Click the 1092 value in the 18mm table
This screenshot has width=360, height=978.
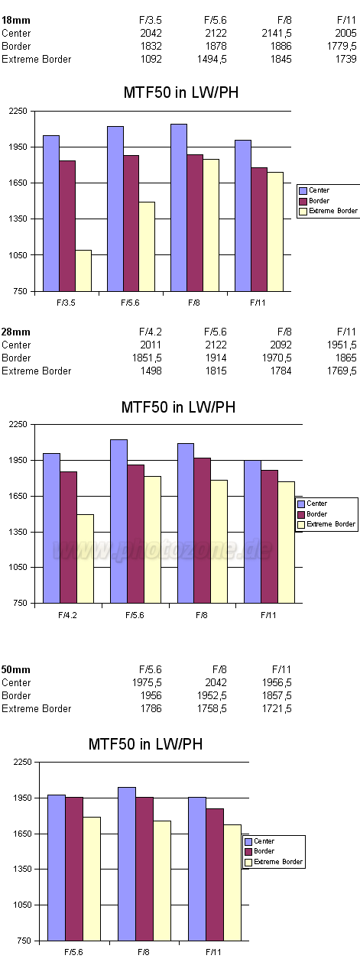click(x=151, y=59)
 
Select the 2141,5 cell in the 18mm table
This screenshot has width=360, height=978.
click(x=277, y=33)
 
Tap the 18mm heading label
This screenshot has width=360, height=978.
click(x=16, y=20)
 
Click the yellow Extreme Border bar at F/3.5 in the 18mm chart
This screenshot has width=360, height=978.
click(x=83, y=270)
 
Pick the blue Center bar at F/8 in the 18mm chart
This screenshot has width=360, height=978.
click(x=179, y=208)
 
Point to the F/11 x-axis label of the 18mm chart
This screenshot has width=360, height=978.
click(x=258, y=303)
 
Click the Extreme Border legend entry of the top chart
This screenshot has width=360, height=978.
click(x=328, y=212)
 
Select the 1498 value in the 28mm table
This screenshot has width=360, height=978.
click(x=151, y=371)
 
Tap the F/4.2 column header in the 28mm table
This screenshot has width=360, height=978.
click(x=151, y=332)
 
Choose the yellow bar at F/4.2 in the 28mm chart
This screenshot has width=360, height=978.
click(x=85, y=559)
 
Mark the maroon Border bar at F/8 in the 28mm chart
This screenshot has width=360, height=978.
click(x=203, y=530)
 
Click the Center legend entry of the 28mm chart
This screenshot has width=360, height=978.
click(x=312, y=504)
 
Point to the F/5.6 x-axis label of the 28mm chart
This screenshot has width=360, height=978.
click(x=135, y=615)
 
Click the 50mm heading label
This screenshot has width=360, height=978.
click(x=16, y=670)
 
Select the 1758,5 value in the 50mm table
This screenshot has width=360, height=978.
click(x=212, y=708)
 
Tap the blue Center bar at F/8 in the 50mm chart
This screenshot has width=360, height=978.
click(x=127, y=864)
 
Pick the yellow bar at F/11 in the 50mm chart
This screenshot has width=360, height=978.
click(x=232, y=882)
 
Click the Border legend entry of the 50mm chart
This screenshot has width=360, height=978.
click(x=260, y=851)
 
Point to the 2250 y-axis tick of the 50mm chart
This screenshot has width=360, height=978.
click(x=23, y=762)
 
